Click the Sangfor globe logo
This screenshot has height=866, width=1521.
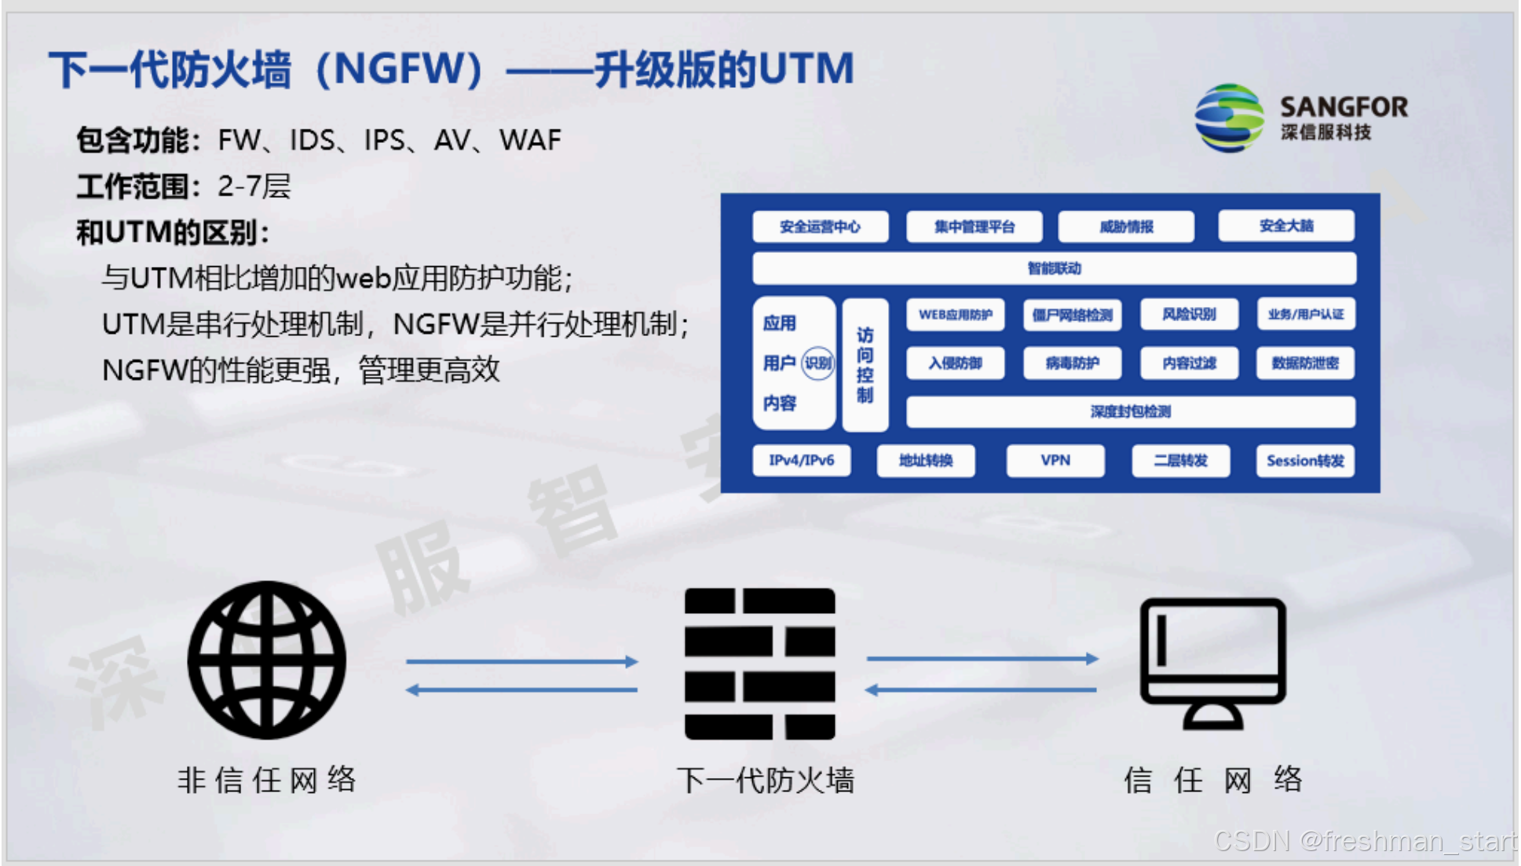pyautogui.click(x=1229, y=119)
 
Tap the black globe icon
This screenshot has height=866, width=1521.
pyautogui.click(x=266, y=660)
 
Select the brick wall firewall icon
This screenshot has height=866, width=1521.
pyautogui.click(x=759, y=663)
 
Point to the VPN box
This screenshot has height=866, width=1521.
pyautogui.click(x=1055, y=460)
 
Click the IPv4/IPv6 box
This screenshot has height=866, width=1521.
pyautogui.click(x=801, y=460)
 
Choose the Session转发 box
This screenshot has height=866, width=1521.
pyautogui.click(x=1304, y=461)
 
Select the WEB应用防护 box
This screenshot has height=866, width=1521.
pyautogui.click(x=955, y=315)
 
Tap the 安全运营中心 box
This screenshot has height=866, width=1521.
pyautogui.click(x=820, y=227)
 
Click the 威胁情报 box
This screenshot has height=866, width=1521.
pyautogui.click(x=1126, y=227)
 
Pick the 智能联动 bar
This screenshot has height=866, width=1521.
pyautogui.click(x=1054, y=269)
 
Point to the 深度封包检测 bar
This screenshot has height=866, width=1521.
pyautogui.click(x=1130, y=411)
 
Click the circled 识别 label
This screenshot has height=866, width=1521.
pyautogui.click(x=817, y=363)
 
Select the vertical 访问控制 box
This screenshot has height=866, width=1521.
pyautogui.click(x=865, y=365)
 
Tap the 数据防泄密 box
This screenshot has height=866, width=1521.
pyautogui.click(x=1304, y=363)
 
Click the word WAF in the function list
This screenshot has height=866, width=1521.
pyautogui.click(x=530, y=141)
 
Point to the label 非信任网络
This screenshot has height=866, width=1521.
pyautogui.click(x=266, y=780)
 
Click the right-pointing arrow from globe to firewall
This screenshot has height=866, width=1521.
pyautogui.click(x=521, y=661)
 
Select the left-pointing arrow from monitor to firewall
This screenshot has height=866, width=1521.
pyautogui.click(x=981, y=690)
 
